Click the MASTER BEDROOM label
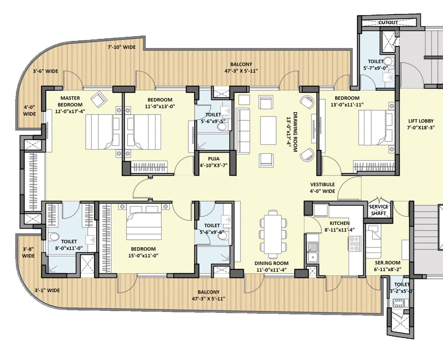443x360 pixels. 70,101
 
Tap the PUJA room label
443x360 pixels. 214,159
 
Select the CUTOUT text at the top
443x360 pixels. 388,23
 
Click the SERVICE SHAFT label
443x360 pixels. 378,210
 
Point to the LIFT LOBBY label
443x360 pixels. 421,121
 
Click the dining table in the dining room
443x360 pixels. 273,234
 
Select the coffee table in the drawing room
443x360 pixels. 268,130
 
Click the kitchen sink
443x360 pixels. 312,252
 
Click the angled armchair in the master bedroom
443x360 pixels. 99,99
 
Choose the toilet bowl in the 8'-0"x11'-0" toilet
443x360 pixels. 54,237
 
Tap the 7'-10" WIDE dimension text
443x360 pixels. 121,47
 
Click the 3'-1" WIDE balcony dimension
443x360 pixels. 47,290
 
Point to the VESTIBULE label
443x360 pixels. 322,184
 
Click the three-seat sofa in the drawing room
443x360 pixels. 243,131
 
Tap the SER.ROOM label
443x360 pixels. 387,263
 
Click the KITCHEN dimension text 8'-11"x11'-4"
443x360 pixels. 339,229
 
